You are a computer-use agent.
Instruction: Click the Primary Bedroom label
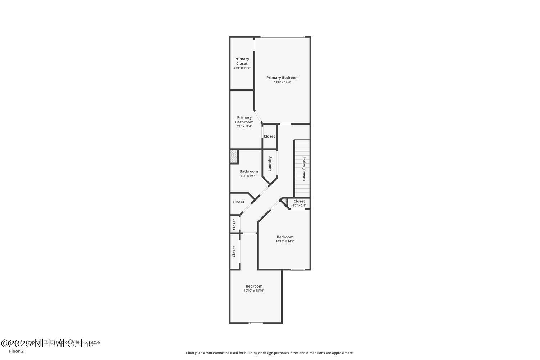[x=282, y=78]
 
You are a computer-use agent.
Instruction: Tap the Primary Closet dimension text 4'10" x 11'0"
[x=242, y=68]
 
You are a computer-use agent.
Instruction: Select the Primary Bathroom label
[x=244, y=120]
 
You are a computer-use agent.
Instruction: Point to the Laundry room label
[x=270, y=163]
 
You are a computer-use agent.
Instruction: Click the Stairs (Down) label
[x=304, y=168]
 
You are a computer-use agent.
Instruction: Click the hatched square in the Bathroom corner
[x=234, y=157]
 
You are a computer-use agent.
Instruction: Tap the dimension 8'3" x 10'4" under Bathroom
[x=248, y=176]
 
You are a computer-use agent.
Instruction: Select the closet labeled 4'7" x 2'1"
[x=299, y=203]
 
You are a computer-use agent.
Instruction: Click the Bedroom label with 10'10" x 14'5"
[x=285, y=237]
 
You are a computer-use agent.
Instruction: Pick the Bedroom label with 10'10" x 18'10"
[x=254, y=286]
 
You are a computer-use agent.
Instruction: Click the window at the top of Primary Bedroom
[x=283, y=37]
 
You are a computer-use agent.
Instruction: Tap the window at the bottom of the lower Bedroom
[x=256, y=323]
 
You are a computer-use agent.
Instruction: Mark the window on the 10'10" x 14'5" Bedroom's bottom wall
[x=298, y=270]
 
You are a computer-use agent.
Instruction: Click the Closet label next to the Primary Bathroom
[x=269, y=136]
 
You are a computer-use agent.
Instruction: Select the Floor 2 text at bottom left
[x=16, y=351]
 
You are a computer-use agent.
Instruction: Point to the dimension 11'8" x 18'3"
[x=282, y=82]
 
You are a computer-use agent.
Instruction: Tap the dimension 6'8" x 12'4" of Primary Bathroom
[x=244, y=126]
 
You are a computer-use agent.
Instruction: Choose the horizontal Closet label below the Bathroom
[x=239, y=202]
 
